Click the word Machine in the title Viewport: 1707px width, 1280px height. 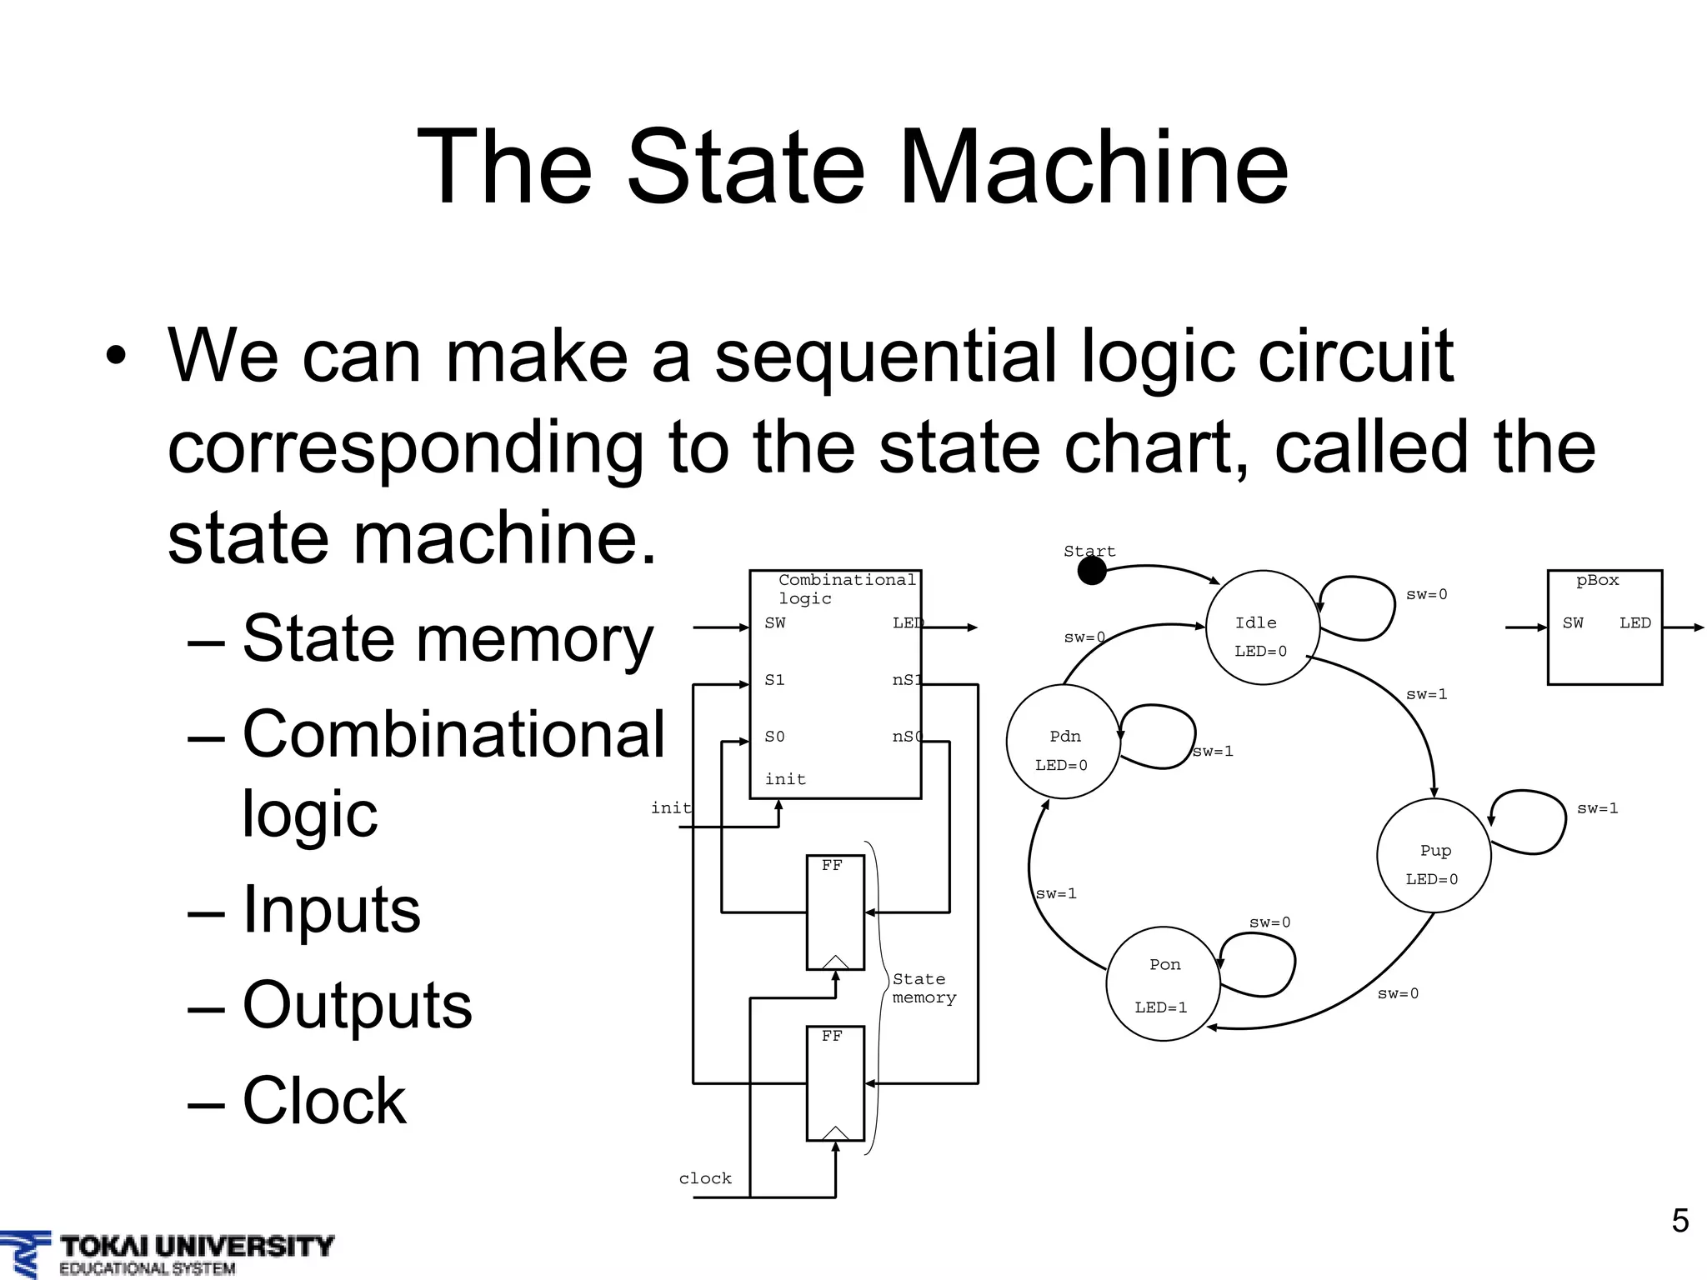[1094, 167]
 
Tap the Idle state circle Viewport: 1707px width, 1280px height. [1262, 627]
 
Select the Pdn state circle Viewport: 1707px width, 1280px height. [1064, 742]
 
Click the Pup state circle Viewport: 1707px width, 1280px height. [1434, 856]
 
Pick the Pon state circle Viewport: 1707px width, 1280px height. [1163, 983]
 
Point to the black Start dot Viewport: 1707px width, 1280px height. [1092, 571]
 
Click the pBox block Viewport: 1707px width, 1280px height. [1604, 627]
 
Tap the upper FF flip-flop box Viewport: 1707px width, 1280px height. [835, 912]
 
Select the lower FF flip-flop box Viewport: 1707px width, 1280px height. [835, 1083]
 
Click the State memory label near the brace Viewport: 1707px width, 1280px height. [924, 988]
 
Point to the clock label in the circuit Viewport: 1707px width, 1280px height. [705, 1178]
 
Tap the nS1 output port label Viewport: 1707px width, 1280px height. [906, 680]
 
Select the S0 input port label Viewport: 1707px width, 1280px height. [774, 737]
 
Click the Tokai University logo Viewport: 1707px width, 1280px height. [167, 1254]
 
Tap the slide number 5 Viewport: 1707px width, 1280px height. [1679, 1221]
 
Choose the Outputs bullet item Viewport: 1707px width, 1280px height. [357, 1005]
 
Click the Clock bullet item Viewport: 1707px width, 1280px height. [323, 1101]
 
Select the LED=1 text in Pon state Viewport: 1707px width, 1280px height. [1160, 1007]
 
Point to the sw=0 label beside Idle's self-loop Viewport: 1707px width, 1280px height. [1426, 594]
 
